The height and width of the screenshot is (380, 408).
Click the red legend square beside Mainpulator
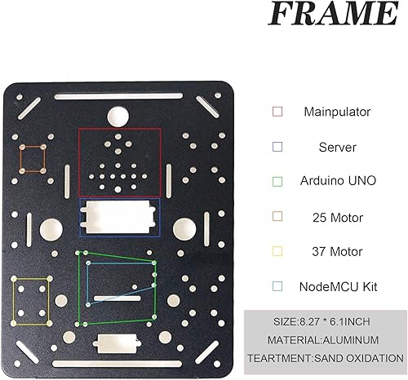pyautogui.click(x=277, y=111)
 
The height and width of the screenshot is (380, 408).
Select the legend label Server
pyautogui.click(x=336, y=147)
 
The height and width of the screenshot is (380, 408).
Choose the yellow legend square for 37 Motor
pyautogui.click(x=277, y=251)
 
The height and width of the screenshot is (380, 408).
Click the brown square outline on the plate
pyautogui.click(x=32, y=158)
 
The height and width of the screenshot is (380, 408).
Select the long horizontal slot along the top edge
pyautogui.click(x=119, y=96)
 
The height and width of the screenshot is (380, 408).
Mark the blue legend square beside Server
pyautogui.click(x=277, y=147)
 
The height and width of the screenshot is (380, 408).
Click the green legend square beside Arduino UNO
pyautogui.click(x=277, y=181)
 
